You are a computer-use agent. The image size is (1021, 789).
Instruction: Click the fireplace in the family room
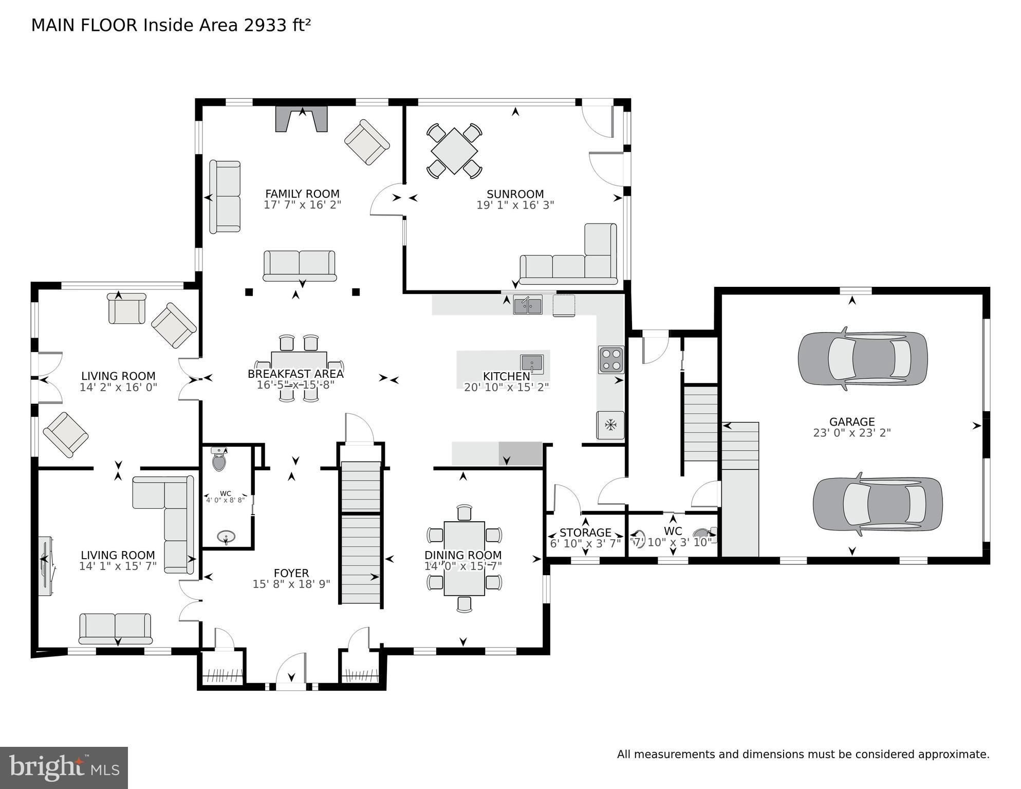click(x=302, y=120)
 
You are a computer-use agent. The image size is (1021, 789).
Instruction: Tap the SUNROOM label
click(x=515, y=194)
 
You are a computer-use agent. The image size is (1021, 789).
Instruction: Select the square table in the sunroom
click(x=454, y=151)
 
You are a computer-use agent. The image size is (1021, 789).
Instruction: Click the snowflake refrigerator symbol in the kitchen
click(x=610, y=425)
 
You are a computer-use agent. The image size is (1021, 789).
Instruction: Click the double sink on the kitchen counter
click(x=527, y=305)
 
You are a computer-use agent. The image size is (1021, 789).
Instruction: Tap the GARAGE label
click(x=851, y=422)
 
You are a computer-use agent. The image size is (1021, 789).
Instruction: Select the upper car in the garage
click(x=862, y=358)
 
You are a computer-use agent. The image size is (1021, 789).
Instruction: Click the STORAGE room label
click(x=585, y=533)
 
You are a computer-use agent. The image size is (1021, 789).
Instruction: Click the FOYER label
click(x=291, y=573)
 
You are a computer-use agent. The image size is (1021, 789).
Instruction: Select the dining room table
click(x=464, y=558)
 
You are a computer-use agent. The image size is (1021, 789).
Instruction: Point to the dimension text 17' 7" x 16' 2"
click(x=302, y=205)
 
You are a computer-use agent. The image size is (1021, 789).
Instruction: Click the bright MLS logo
click(x=64, y=767)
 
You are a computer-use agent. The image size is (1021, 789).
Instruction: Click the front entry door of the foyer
click(x=291, y=673)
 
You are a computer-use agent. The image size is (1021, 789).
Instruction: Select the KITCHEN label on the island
click(x=506, y=376)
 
